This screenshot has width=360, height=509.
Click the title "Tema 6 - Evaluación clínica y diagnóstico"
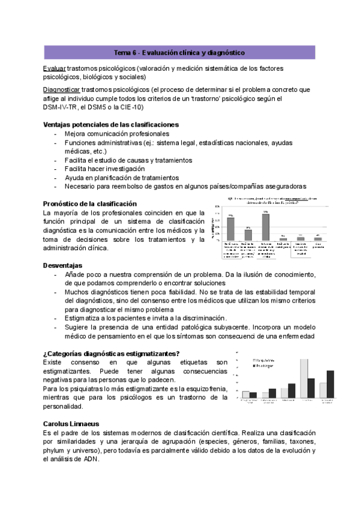[x=179, y=53]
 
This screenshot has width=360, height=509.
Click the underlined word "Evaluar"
[x=55, y=68]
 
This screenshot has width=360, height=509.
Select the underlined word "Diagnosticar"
[x=65, y=89]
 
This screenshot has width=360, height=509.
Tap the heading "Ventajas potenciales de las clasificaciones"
[x=111, y=124]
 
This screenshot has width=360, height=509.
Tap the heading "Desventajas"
[x=62, y=265]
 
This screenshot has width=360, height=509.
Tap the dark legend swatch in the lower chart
[x=250, y=365]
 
